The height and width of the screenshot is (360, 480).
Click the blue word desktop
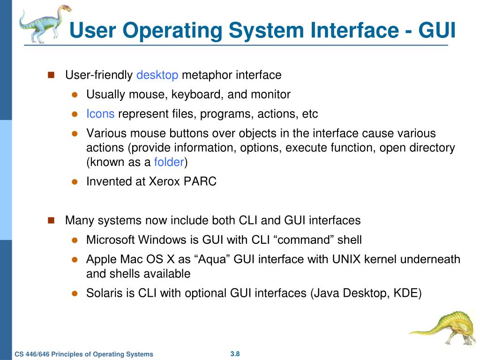pyautogui.click(x=157, y=75)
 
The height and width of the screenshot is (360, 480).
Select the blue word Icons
pyautogui.click(x=100, y=114)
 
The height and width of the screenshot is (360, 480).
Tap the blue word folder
pyautogui.click(x=169, y=163)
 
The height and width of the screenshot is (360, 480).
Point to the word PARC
pyautogui.click(x=200, y=182)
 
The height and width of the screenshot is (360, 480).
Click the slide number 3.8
pyautogui.click(x=235, y=353)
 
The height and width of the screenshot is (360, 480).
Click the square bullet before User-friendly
pyautogui.click(x=51, y=75)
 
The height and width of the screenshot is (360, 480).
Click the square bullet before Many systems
pyautogui.click(x=51, y=220)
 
